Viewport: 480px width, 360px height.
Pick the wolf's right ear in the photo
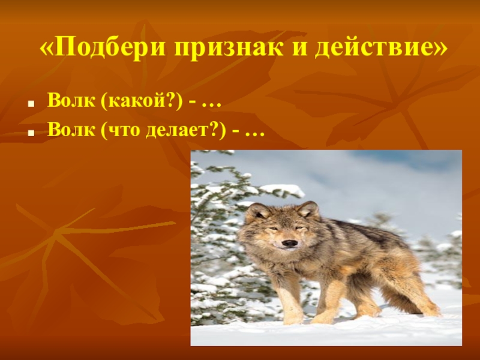309,209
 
